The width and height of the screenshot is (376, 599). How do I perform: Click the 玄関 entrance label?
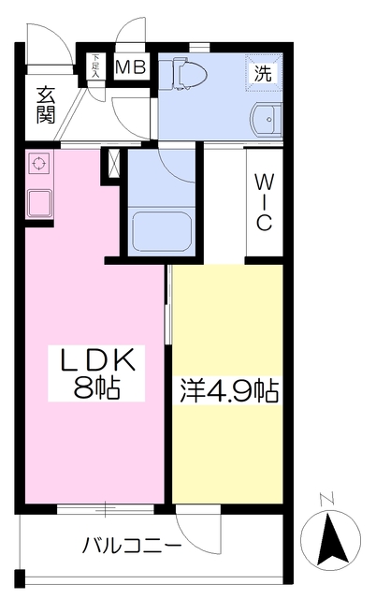[46, 106]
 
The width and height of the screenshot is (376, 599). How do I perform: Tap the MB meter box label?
[131, 67]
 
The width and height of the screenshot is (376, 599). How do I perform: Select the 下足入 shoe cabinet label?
[95, 66]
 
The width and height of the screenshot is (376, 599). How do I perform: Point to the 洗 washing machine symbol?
[264, 73]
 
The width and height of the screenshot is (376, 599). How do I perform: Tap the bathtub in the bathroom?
[162, 231]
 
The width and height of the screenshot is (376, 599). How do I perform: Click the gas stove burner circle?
[38, 164]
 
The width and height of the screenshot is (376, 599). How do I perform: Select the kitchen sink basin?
[39, 204]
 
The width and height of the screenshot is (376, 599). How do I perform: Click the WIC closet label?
[264, 202]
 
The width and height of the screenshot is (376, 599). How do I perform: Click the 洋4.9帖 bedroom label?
[229, 391]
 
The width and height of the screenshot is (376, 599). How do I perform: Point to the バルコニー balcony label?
[132, 546]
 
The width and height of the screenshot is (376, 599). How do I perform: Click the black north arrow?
[332, 539]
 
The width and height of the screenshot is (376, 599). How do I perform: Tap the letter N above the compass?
[326, 499]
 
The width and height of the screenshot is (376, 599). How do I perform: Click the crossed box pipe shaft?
[113, 163]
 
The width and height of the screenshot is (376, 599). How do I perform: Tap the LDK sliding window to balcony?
[106, 509]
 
